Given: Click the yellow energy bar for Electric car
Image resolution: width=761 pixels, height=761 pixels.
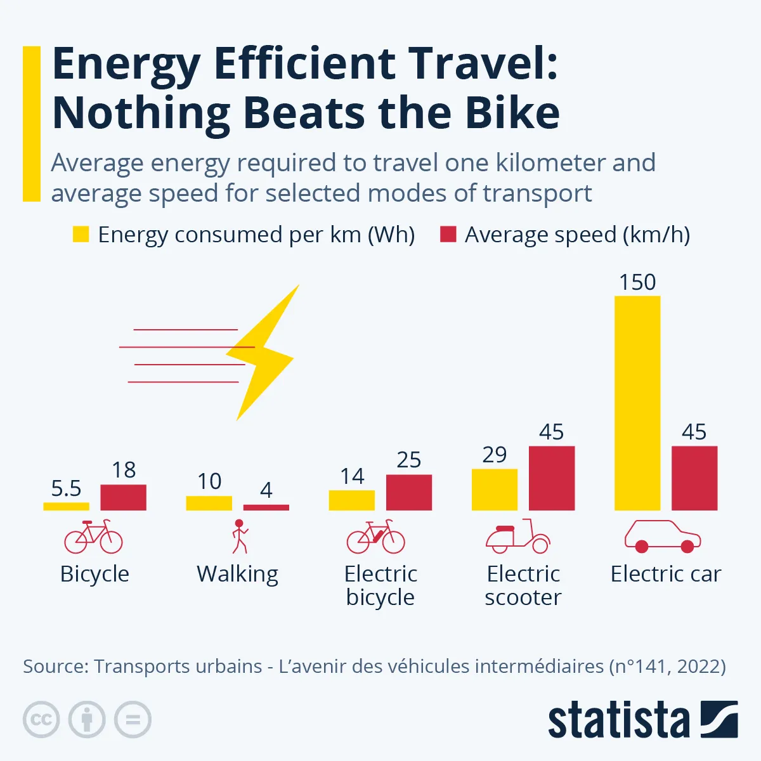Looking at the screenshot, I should (637, 403).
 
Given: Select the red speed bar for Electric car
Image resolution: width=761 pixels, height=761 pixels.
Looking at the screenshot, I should (694, 478).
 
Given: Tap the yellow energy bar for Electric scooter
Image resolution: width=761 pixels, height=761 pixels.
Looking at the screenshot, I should (495, 490).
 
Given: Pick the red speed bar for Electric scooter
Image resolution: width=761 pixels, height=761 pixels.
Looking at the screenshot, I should (552, 478).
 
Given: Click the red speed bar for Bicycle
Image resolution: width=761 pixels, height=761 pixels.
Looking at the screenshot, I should (124, 497).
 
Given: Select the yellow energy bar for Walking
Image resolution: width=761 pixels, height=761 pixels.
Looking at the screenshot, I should (209, 503).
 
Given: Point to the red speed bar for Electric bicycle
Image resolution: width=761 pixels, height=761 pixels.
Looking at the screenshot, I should (409, 492).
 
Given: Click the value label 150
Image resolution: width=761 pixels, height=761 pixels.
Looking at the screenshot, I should (637, 282).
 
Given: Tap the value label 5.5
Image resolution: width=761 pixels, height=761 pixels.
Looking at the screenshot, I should (67, 488).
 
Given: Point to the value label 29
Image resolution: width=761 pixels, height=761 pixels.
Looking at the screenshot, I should (495, 455).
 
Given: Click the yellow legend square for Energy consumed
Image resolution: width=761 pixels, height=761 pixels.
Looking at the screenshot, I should (81, 235).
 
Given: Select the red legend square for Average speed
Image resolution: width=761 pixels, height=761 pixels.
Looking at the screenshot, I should (448, 235).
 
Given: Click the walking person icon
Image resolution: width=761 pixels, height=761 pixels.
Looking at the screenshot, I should (239, 537).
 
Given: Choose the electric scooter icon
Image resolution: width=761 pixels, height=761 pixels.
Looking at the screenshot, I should (518, 537).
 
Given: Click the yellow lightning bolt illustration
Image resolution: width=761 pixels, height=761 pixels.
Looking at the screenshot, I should (263, 355).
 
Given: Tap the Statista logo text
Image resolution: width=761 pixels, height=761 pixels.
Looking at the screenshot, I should (618, 721).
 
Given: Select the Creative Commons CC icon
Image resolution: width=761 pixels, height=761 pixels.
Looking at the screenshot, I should (41, 720).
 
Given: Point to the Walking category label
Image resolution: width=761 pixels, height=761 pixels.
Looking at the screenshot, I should (238, 574).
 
